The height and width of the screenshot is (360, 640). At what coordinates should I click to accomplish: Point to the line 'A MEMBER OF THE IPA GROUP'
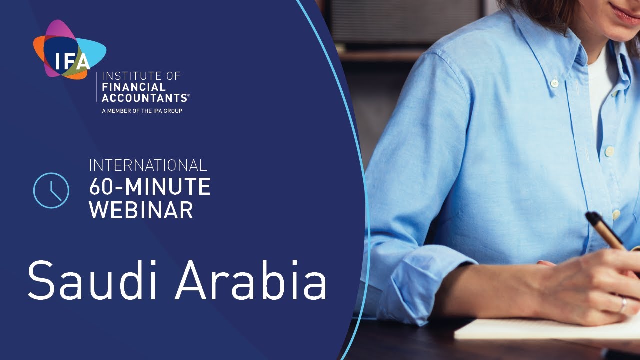click(142, 111)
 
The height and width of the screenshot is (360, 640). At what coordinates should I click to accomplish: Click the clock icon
click(51, 190)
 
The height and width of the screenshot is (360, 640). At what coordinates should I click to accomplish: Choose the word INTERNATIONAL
click(148, 165)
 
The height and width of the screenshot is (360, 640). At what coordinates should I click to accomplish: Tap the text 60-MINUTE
click(149, 187)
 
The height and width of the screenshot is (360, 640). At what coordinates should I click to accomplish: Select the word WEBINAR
click(141, 210)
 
